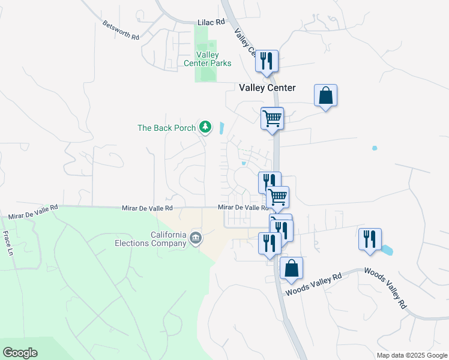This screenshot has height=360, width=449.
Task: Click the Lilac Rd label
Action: click(x=211, y=22)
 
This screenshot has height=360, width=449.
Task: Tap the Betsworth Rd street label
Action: click(x=121, y=30)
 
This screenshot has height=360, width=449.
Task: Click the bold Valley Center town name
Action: click(x=267, y=88)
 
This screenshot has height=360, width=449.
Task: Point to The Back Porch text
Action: click(x=167, y=128)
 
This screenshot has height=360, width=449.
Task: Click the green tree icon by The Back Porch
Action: click(x=206, y=127)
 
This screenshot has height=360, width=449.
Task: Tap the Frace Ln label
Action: click(x=8, y=242)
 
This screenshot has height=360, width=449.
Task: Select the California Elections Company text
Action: click(x=151, y=239)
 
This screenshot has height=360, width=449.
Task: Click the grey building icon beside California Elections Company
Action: click(x=196, y=239)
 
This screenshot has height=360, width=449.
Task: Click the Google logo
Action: click(x=20, y=353)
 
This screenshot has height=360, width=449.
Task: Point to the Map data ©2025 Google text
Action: click(x=411, y=355)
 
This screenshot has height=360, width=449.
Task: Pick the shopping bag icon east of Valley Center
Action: click(x=325, y=95)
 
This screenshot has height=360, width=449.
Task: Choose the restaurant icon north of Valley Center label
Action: click(x=267, y=61)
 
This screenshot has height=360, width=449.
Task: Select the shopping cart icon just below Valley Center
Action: click(x=272, y=118)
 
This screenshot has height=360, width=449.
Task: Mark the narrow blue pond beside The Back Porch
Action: click(x=223, y=128)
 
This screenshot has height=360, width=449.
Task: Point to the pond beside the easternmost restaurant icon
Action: click(x=387, y=249)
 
